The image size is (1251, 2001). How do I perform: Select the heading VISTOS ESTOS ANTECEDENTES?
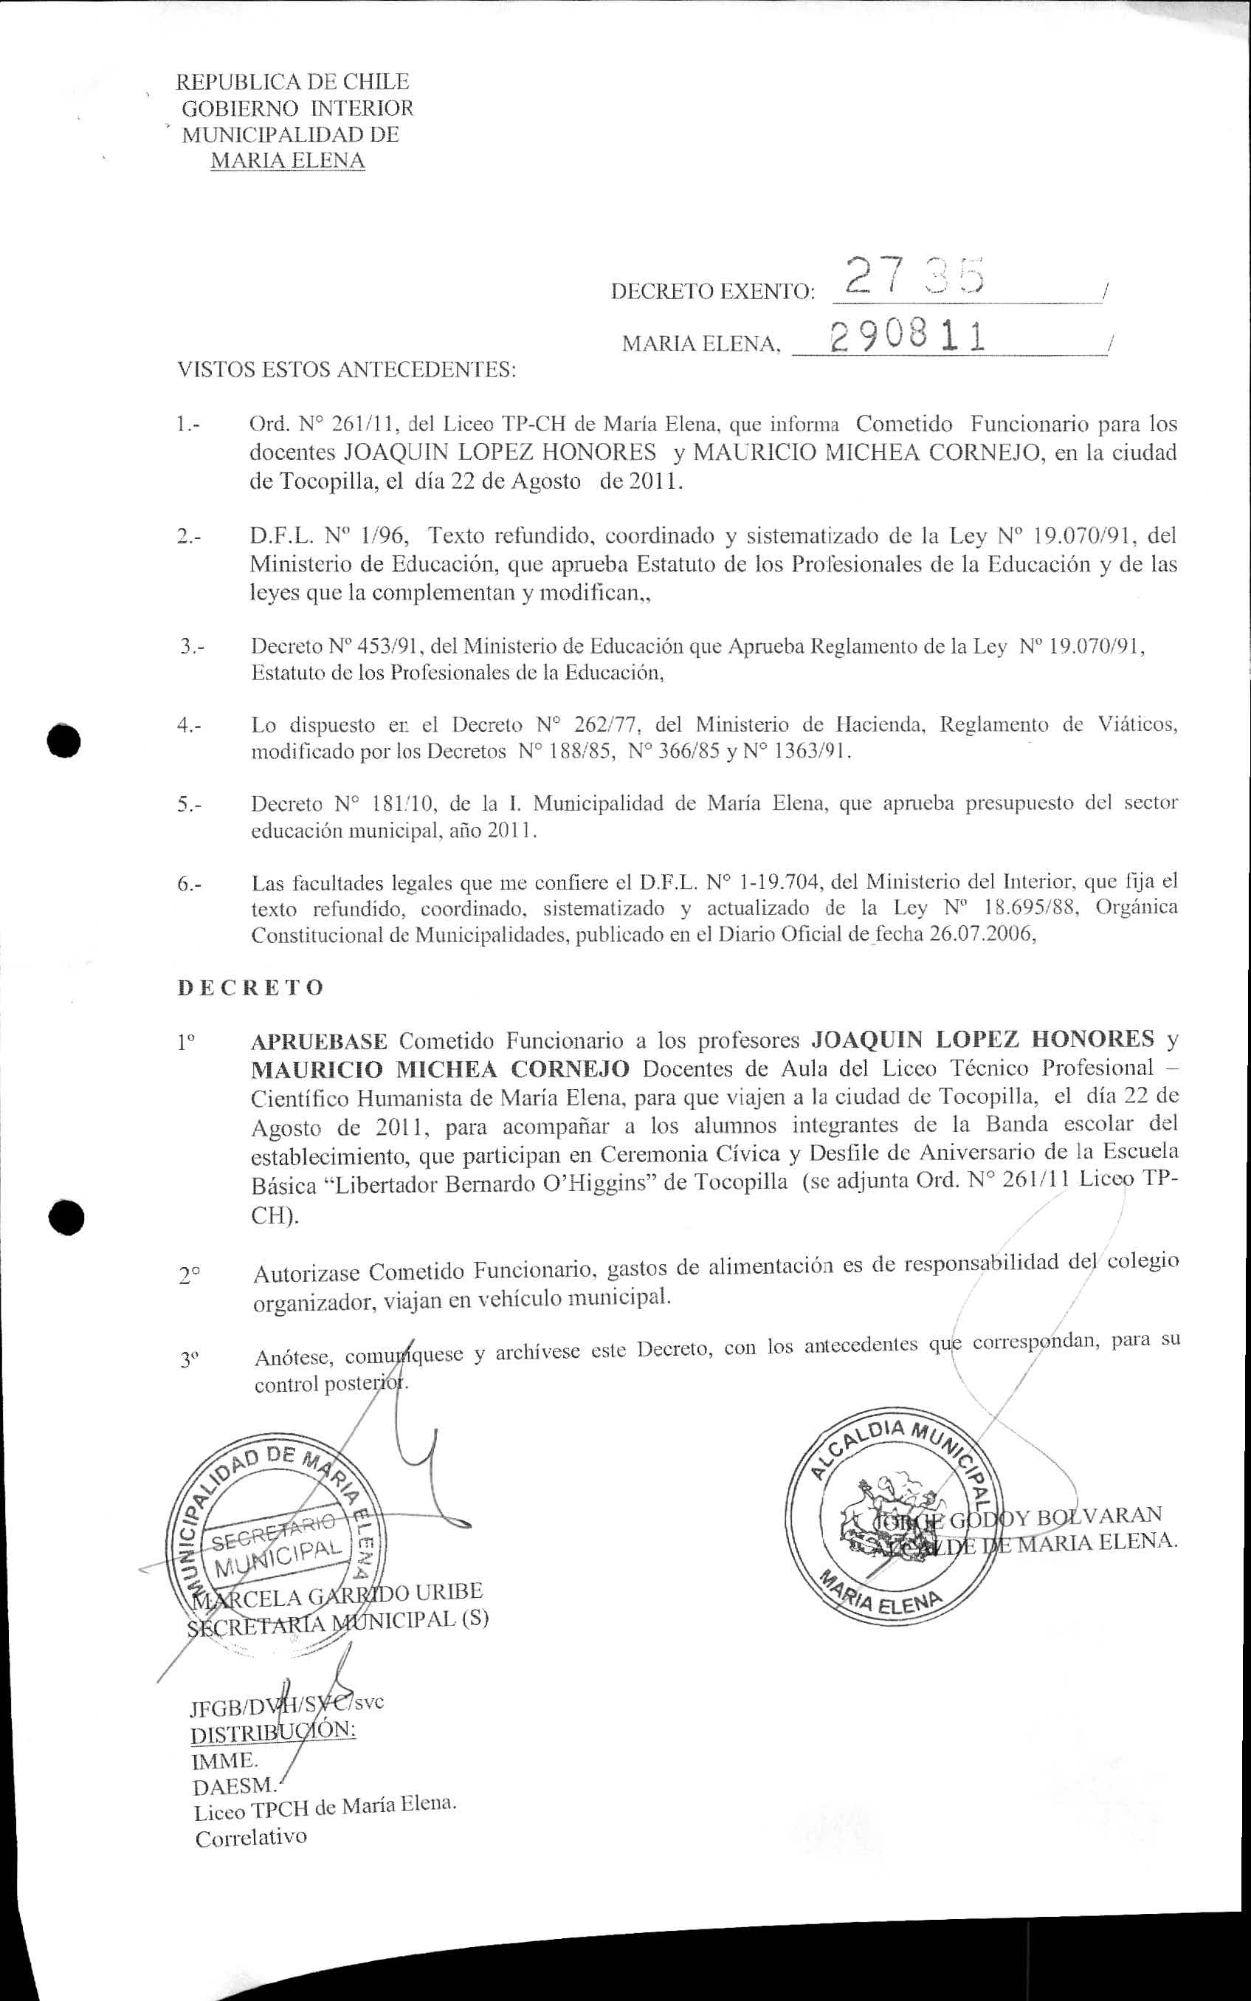pyautogui.click(x=347, y=369)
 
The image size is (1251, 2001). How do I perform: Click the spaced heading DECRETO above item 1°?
pyautogui.click(x=250, y=988)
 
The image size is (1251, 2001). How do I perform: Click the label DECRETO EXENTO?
pyautogui.click(x=712, y=292)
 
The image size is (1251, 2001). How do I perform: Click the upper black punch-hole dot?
pyautogui.click(x=63, y=739)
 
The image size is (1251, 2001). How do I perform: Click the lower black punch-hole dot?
pyautogui.click(x=66, y=1217)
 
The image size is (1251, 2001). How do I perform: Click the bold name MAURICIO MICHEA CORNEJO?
pyautogui.click(x=440, y=1068)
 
